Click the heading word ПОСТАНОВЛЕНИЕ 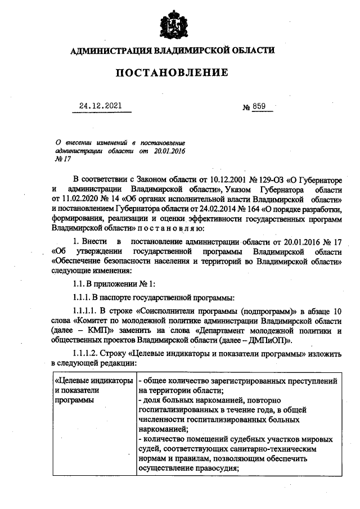(172, 73)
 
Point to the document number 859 (259, 105)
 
